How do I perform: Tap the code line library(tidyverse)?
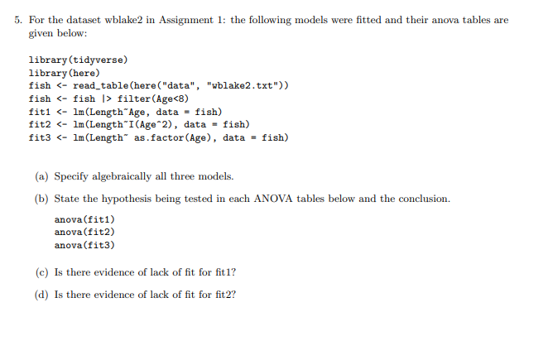click(79, 60)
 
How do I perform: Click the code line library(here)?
click(64, 73)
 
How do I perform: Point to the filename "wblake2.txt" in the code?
click(239, 85)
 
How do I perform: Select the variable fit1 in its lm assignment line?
click(39, 112)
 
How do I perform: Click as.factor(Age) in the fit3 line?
click(171, 137)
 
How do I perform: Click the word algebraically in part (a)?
click(133, 176)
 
